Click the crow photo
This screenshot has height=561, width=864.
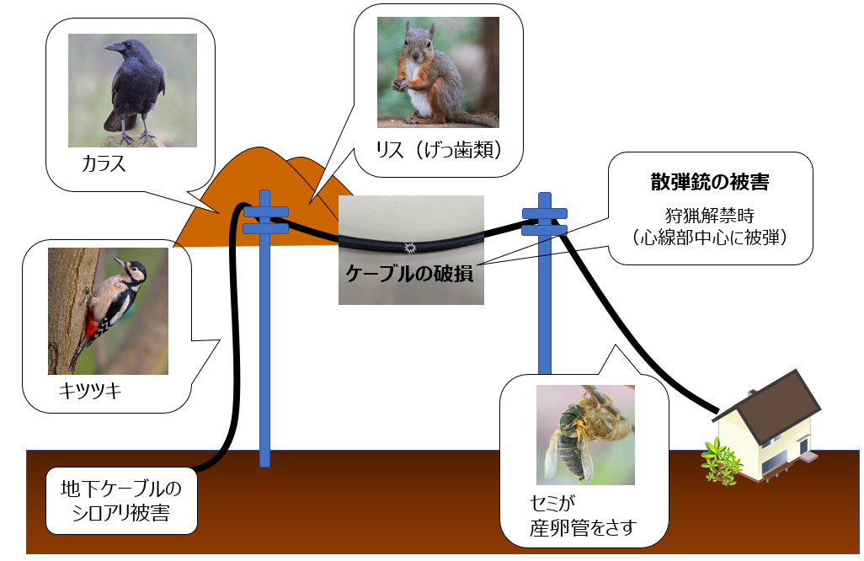[132, 90]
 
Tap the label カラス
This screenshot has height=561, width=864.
[104, 163]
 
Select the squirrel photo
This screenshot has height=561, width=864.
[438, 72]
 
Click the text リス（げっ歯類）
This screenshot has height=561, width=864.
[440, 149]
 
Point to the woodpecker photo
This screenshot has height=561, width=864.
[108, 311]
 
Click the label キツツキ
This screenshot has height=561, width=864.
[90, 391]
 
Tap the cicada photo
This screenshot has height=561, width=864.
[585, 435]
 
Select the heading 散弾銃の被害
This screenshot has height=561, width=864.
[710, 182]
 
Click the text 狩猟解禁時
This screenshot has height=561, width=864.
[710, 215]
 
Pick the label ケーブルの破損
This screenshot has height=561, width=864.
[409, 273]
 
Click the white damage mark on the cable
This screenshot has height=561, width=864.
[409, 248]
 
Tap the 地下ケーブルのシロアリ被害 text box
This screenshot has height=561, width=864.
[121, 501]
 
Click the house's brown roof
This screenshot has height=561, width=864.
[774, 405]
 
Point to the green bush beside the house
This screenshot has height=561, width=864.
[720, 462]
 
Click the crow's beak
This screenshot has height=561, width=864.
[114, 47]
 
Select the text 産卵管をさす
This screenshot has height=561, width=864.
[583, 527]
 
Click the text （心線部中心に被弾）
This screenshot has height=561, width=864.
[710, 237]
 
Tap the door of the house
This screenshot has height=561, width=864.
[804, 446]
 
